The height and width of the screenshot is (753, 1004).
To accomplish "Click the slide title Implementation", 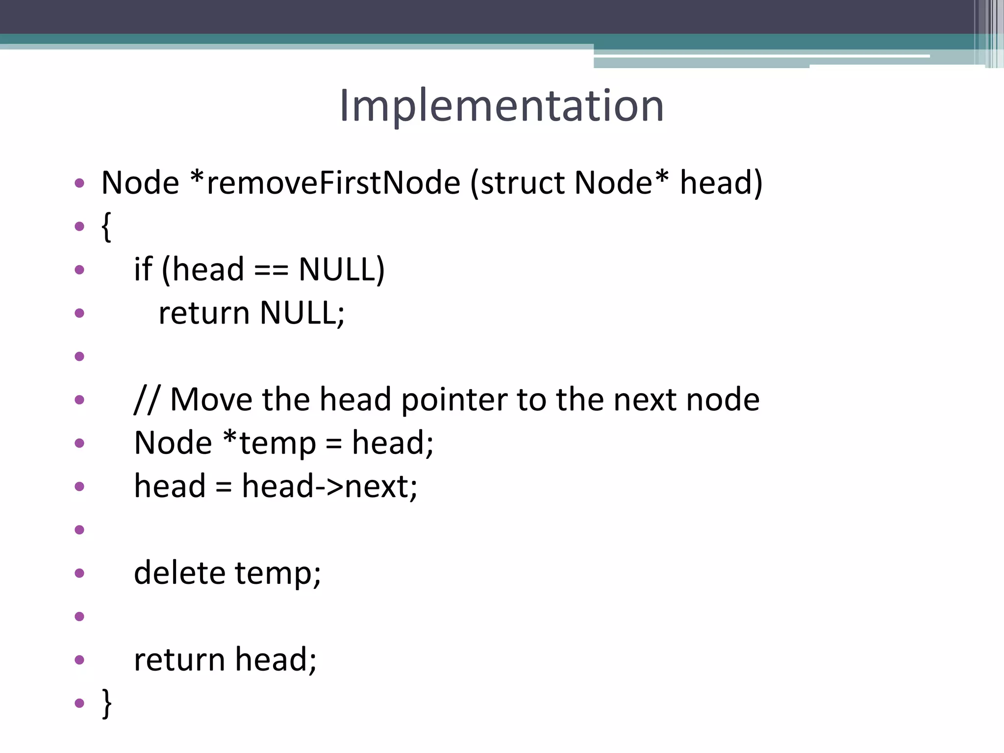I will tap(501, 105).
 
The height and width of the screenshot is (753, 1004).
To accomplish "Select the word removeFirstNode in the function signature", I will tap(333, 183).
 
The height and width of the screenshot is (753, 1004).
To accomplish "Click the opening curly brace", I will tap(106, 226).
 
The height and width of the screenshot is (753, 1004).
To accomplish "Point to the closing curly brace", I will tap(106, 703).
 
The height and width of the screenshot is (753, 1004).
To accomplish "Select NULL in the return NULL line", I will tap(302, 313).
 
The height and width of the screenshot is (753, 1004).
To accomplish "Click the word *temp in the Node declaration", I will tap(269, 443).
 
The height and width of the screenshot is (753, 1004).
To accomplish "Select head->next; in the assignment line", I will tap(329, 486).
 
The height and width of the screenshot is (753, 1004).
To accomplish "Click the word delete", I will tap(179, 573).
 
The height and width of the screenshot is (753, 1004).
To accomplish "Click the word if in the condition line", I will tap(143, 269).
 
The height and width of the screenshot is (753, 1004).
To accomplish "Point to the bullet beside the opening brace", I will tap(79, 226).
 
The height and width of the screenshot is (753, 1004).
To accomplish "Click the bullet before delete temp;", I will tap(79, 573).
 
